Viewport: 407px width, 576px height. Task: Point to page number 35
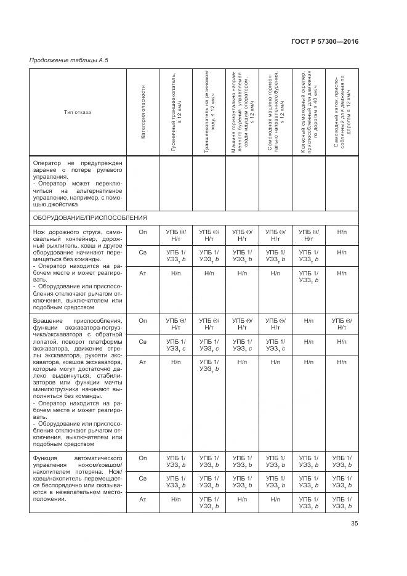354,523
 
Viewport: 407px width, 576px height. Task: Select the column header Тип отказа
77,112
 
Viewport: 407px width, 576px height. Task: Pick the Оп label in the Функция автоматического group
142,458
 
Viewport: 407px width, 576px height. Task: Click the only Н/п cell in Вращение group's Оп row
309,320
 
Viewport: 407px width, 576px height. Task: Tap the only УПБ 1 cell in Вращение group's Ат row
209,365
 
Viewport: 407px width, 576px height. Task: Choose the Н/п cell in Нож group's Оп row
342,231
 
